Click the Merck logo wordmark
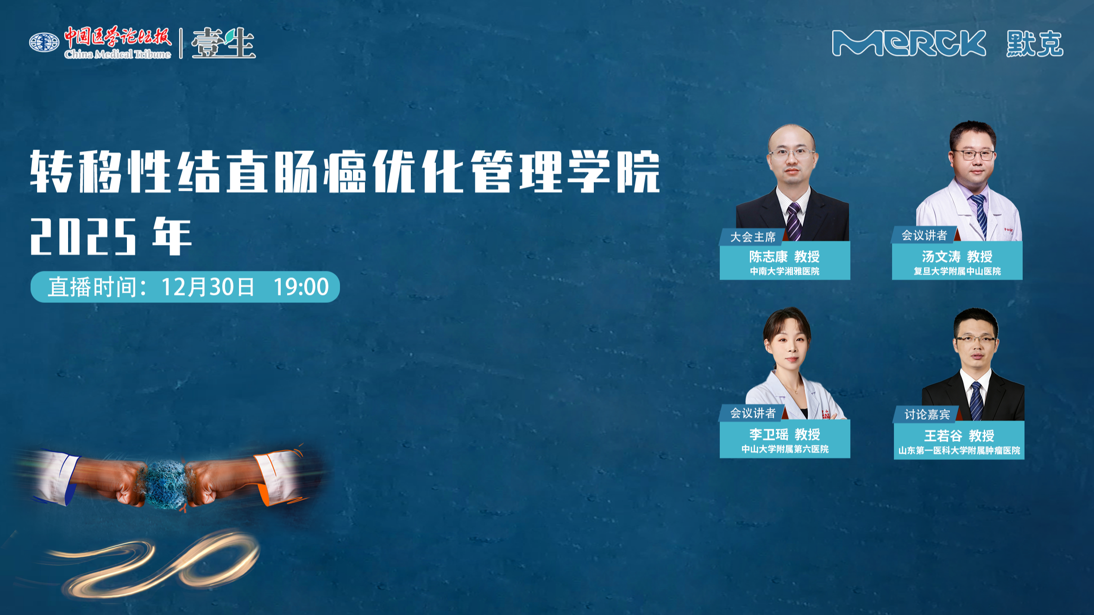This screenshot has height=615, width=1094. (909, 44)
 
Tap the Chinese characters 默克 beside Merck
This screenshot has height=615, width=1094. (1035, 44)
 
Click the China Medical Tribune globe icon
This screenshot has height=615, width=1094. (44, 43)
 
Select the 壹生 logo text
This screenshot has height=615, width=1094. (223, 43)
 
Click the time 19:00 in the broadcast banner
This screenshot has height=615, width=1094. (301, 287)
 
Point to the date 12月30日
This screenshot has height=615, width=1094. (208, 287)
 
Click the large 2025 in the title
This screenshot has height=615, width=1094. (83, 236)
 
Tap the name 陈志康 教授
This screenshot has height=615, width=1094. (785, 256)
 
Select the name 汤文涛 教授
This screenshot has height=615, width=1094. (957, 256)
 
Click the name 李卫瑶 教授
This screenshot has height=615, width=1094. (785, 434)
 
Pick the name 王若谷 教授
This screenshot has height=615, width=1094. (959, 435)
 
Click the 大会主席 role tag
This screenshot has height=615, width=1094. (753, 237)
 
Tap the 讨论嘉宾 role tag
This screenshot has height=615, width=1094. (927, 414)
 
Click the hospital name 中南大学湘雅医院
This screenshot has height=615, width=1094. (785, 271)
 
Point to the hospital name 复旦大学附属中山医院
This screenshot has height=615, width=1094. (957, 271)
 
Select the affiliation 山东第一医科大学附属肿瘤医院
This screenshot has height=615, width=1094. (959, 451)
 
